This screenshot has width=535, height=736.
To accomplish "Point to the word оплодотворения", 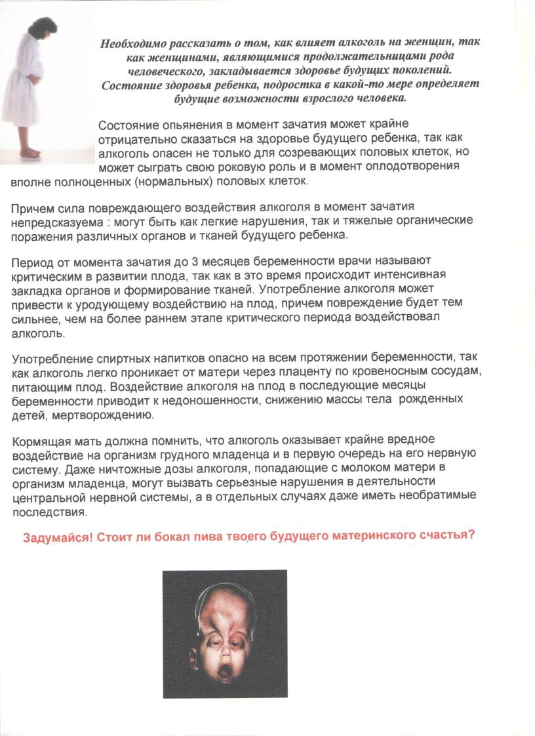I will pos(417,167).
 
